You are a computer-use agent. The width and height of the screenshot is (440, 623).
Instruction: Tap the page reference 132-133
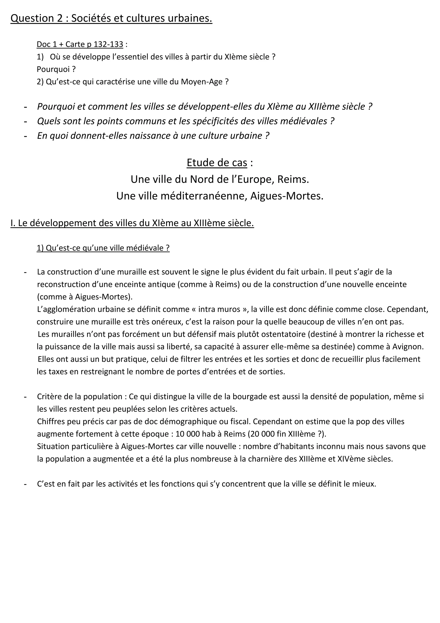(108, 44)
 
